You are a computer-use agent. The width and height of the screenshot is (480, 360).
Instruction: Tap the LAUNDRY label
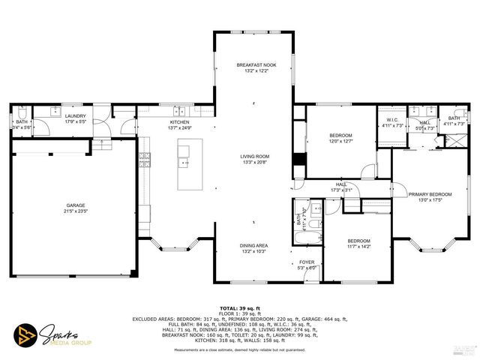[x=75, y=116]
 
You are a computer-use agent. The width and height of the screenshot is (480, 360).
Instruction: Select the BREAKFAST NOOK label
[x=256, y=65]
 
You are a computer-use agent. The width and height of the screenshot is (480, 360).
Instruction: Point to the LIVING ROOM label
[x=255, y=157]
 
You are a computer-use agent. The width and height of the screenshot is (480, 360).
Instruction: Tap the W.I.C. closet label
[x=392, y=120]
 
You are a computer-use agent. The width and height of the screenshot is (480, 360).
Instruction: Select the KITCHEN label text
[x=179, y=122]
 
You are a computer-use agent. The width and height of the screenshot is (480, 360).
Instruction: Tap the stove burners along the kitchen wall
[x=144, y=157]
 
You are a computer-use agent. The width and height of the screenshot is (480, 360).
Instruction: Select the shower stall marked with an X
[x=454, y=140]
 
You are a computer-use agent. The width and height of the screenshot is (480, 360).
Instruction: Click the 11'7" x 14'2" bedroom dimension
[x=359, y=246]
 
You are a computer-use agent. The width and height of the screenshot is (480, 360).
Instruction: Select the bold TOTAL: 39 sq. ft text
[x=240, y=308]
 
